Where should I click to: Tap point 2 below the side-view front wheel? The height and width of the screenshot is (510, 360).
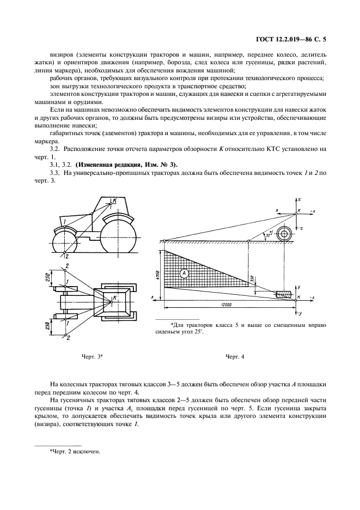click(66, 255)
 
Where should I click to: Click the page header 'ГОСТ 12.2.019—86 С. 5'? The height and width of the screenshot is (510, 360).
click(294, 40)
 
